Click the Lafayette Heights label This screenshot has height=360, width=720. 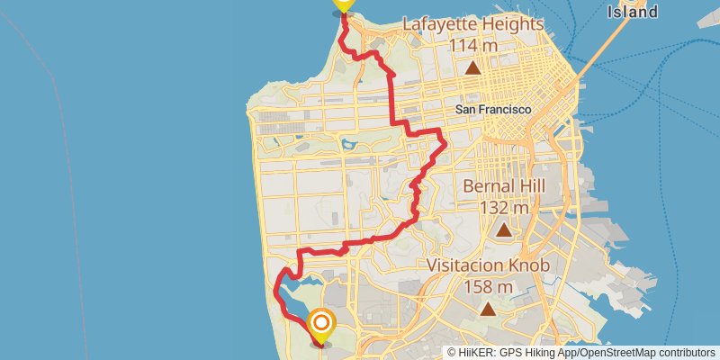472,23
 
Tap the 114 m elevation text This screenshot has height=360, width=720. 472,45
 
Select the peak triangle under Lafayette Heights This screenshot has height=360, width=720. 473,67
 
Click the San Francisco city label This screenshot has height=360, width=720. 493,109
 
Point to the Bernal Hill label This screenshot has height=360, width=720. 504,186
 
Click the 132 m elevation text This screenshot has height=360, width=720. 504,207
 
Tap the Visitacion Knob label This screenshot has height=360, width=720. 489,265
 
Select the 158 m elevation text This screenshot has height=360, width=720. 489,287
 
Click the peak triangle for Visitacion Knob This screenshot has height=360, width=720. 489,310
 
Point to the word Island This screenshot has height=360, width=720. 632,12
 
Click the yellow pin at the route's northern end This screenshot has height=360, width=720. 343,4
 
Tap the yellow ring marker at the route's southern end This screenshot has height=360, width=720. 321,323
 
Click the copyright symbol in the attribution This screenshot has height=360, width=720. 452,353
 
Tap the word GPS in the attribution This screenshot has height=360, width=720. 509,353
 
